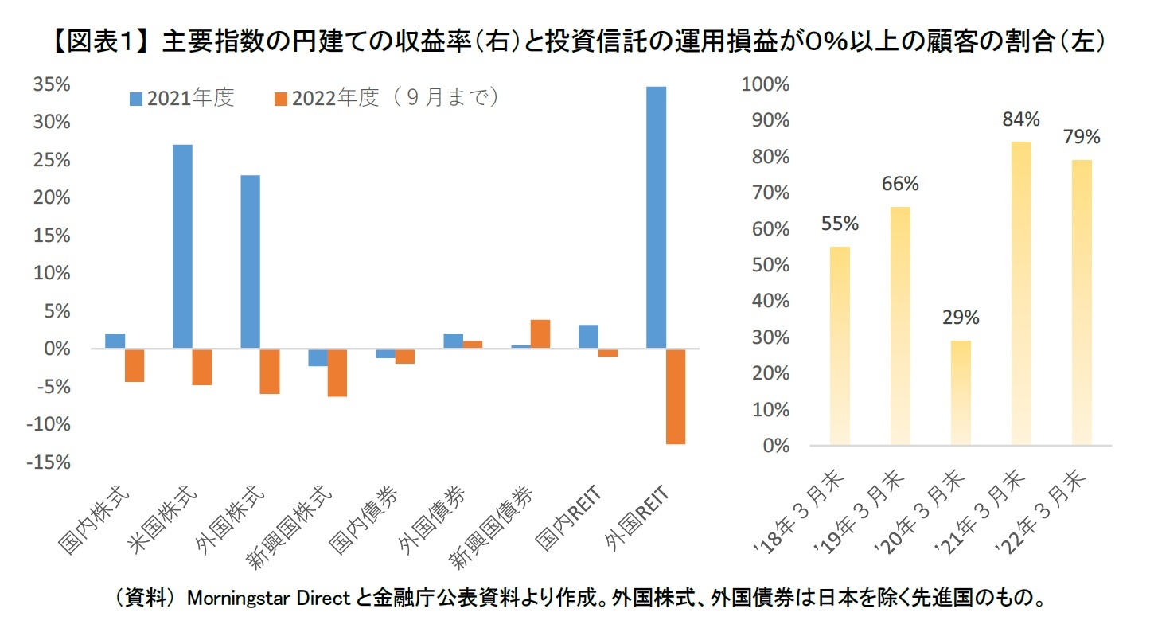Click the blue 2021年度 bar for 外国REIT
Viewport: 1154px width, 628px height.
(656, 217)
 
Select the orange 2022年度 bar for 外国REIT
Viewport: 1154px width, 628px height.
(676, 396)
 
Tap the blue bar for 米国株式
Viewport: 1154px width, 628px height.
(182, 247)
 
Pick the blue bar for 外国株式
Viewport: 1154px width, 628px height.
(250, 262)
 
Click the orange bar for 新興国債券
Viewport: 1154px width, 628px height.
(540, 334)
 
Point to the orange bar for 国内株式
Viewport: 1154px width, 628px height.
(135, 365)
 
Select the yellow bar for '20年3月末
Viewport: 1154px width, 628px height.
(961, 392)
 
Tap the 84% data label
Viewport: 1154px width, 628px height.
(1021, 119)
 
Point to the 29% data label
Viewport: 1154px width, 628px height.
(961, 318)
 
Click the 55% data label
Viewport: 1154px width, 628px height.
(839, 224)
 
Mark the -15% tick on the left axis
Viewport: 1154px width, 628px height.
(50, 462)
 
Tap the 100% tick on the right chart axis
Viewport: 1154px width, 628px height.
(764, 84)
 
